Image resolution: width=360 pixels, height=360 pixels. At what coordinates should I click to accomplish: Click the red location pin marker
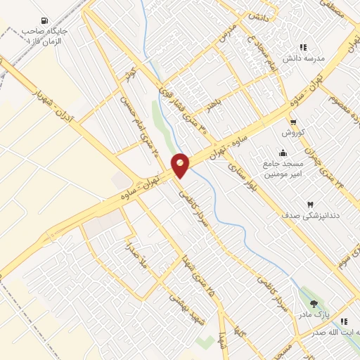(x=181, y=165)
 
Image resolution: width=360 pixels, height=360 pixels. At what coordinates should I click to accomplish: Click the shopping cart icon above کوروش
(x=292, y=122)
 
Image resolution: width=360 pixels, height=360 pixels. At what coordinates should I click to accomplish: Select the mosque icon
(x=283, y=153)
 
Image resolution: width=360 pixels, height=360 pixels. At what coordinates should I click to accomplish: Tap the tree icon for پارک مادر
(x=314, y=303)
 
